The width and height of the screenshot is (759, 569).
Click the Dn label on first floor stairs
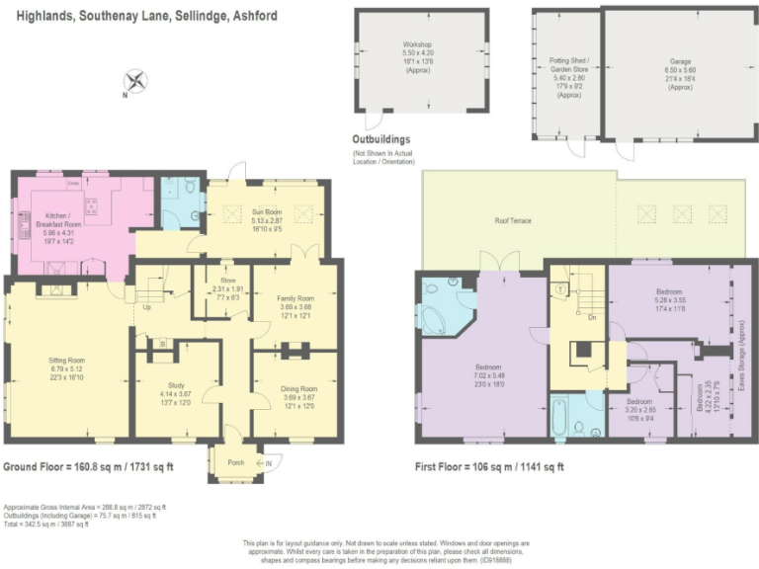pyautogui.click(x=592, y=317)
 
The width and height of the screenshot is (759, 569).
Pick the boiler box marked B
pyautogui.click(x=162, y=345)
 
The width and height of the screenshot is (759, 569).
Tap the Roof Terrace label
pyautogui.click(x=514, y=221)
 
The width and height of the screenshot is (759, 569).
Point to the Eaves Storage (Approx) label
pyautogui.click(x=742, y=346)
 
